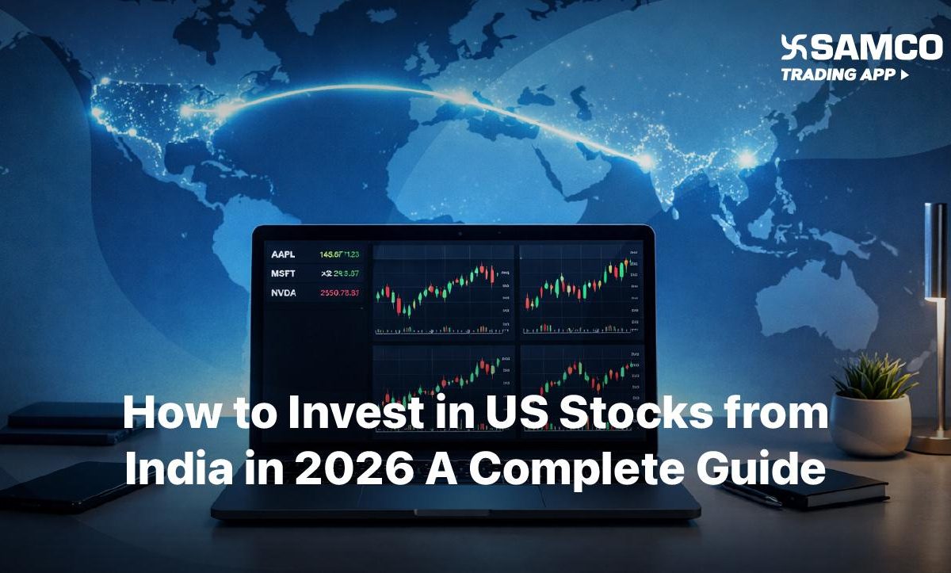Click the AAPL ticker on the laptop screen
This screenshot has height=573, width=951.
pos(283,254)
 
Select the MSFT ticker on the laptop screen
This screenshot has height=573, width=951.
pos(284,273)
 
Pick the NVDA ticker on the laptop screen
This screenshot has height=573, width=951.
pos(284,292)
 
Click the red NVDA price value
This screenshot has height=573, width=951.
pos(339,293)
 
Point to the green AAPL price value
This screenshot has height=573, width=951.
pos(339,254)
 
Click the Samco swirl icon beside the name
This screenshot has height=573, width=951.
pos(794,48)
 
